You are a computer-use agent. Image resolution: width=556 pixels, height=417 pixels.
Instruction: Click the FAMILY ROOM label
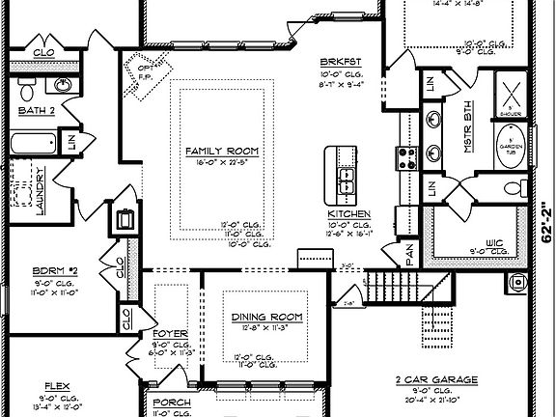tap(221, 152)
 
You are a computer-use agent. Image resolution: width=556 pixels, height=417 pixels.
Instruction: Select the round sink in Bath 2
tap(64, 86)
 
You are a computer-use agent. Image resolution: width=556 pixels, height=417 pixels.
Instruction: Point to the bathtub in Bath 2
tap(34, 145)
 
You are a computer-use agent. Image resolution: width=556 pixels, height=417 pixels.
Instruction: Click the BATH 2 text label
tap(36, 111)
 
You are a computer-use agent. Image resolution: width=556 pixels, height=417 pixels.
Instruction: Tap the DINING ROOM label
tap(266, 318)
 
